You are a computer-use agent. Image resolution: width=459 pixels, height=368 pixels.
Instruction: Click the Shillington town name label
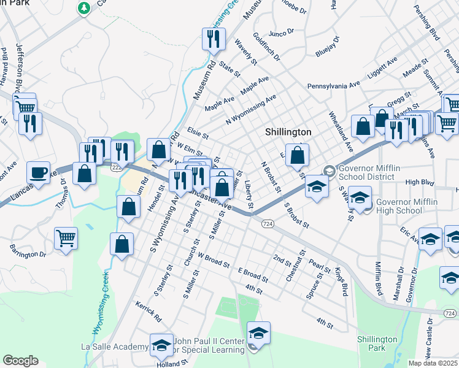[288, 132]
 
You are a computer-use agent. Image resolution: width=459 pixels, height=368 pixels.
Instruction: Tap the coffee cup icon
[39, 172]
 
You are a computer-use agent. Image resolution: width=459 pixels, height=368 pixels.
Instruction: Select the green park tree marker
[84, 8]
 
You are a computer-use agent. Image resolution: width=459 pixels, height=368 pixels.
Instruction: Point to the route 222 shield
[117, 166]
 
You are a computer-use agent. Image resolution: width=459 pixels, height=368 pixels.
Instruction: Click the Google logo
[20, 360]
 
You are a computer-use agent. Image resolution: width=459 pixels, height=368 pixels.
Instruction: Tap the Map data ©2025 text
[433, 363]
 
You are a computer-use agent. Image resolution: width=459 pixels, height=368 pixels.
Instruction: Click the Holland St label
[171, 363]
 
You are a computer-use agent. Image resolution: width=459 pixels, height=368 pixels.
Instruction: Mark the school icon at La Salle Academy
[161, 345]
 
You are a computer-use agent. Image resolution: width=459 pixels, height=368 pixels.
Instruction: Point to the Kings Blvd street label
[341, 281]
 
